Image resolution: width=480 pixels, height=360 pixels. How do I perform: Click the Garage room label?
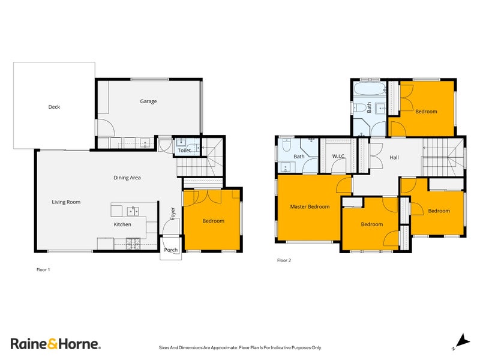pyautogui.click(x=148, y=101)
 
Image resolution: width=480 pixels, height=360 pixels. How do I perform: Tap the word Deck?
pyautogui.click(x=54, y=107)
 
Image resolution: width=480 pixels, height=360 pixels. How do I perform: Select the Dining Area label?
pyautogui.click(x=127, y=178)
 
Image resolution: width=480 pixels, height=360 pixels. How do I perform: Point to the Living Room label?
pyautogui.click(x=66, y=202)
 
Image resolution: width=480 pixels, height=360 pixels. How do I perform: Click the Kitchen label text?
pyautogui.click(x=122, y=224)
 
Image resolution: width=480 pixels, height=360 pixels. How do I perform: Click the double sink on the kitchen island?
pyautogui.click(x=132, y=211)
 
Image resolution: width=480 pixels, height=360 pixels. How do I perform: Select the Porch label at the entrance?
pyautogui.click(x=171, y=250)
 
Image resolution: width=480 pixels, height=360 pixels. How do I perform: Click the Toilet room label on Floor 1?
pyautogui.click(x=184, y=151)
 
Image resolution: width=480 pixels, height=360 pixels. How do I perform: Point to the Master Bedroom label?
pyautogui.click(x=310, y=207)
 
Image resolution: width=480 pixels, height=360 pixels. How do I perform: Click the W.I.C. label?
pyautogui.click(x=338, y=157)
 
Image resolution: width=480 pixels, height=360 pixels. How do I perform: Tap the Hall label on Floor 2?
pyautogui.click(x=394, y=158)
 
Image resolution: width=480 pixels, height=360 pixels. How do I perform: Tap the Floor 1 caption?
pyautogui.click(x=43, y=270)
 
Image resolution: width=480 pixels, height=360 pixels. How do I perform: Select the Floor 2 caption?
pyautogui.click(x=284, y=260)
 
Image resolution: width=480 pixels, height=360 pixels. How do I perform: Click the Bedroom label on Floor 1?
pyautogui.click(x=213, y=221)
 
